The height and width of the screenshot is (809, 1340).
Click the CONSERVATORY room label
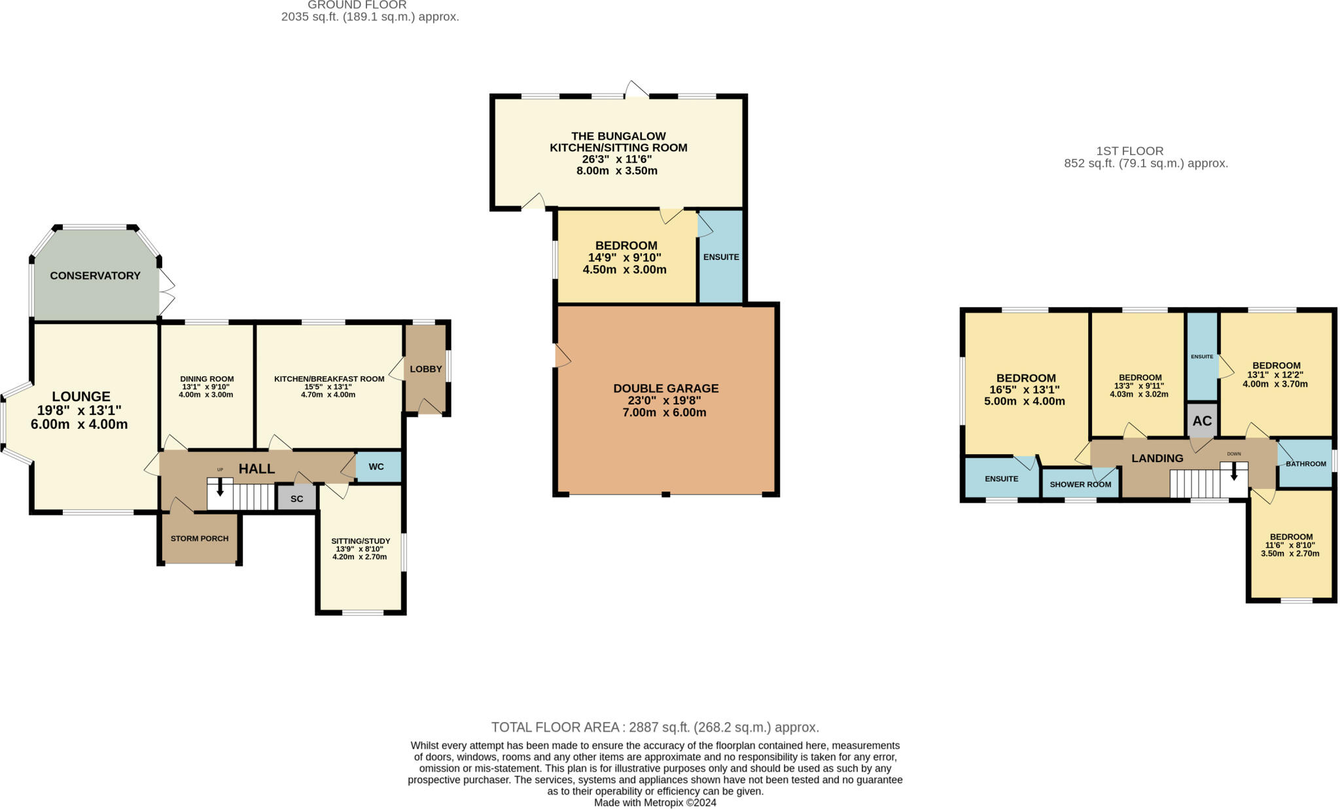95,276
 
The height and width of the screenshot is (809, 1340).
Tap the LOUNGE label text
81,397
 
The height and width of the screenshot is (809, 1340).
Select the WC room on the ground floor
377,467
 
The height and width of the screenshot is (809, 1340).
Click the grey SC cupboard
296,499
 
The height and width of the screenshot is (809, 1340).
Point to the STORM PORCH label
200,539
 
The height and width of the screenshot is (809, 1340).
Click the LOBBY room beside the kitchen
426,369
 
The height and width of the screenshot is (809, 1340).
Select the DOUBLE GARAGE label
665,388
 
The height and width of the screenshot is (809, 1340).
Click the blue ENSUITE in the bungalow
721,257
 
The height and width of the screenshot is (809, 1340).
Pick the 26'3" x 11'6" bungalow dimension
617,159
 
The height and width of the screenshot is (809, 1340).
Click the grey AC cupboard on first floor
1202,421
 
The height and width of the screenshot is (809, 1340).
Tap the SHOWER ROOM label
1080,484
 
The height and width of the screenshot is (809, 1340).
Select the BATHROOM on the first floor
1305,464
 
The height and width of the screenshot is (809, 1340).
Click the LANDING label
1157,458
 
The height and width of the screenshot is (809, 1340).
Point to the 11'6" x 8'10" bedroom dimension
1290,545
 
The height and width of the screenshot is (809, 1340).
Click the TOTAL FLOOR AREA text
655,727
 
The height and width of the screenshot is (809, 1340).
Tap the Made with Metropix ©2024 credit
655,802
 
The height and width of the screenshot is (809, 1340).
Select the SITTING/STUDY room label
361,541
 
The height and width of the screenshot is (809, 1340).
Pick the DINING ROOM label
207,379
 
